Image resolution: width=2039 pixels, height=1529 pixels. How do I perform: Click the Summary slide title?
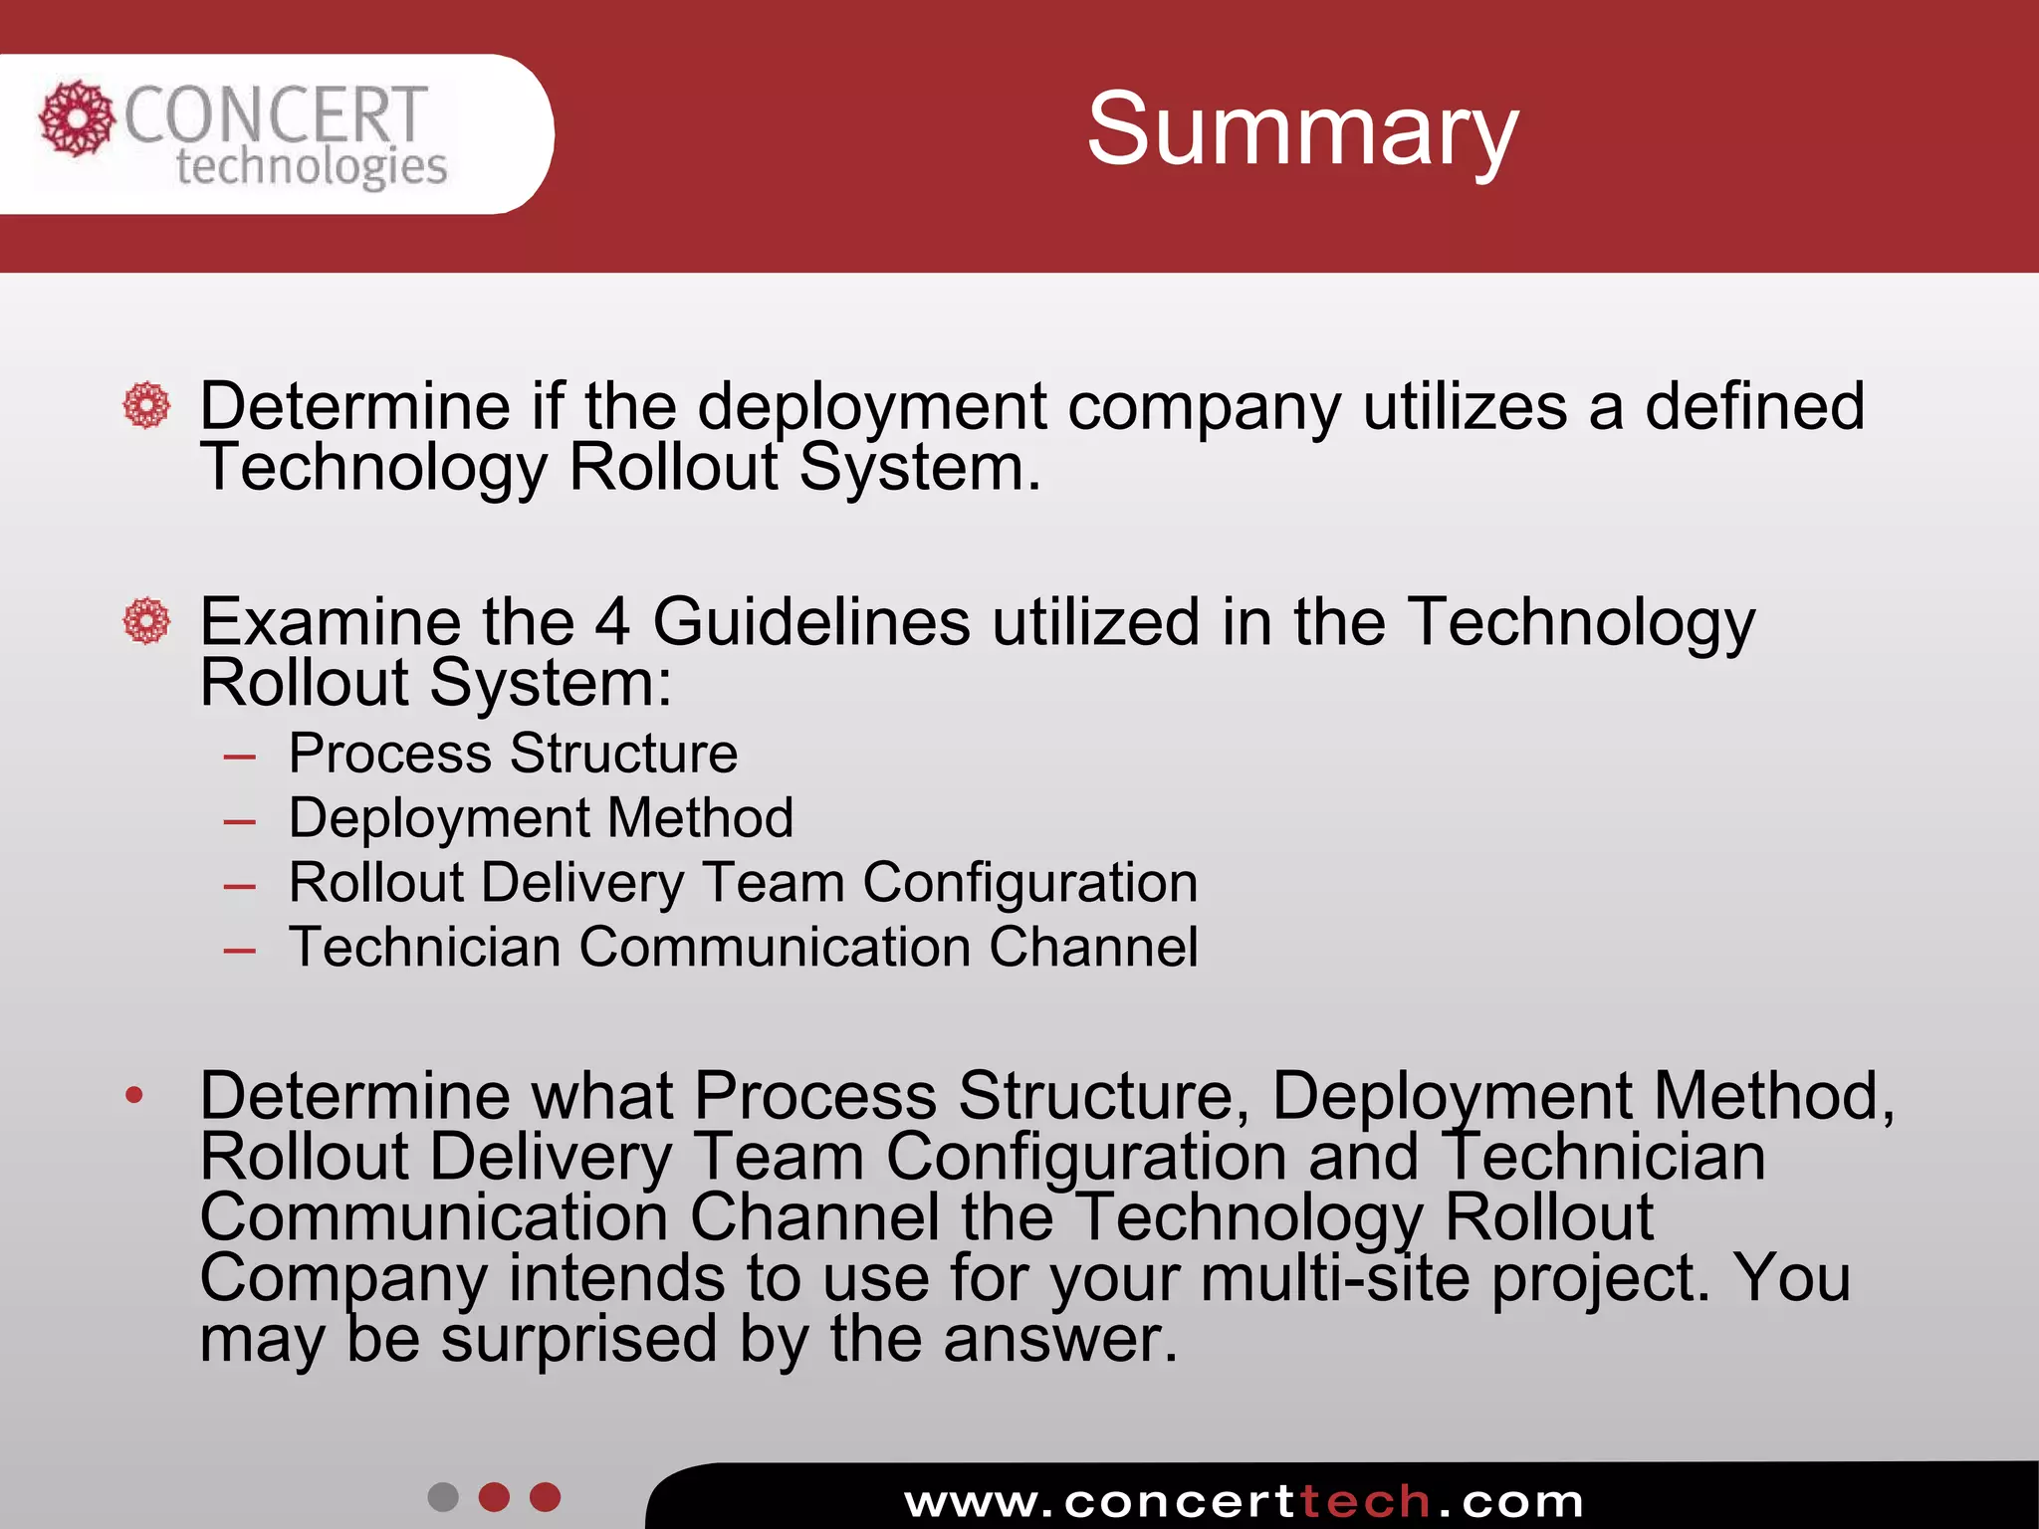(1301, 129)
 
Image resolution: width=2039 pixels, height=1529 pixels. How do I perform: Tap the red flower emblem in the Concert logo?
(76, 118)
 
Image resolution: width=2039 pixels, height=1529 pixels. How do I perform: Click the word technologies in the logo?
(311, 166)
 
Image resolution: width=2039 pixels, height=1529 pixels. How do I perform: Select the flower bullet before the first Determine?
(146, 405)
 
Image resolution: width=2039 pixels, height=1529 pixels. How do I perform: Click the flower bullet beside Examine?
(146, 621)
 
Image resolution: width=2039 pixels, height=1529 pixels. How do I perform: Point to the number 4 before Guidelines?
(612, 622)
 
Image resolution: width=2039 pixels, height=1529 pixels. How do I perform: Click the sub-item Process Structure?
(513, 753)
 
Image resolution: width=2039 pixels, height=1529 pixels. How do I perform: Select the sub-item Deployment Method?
(541, 818)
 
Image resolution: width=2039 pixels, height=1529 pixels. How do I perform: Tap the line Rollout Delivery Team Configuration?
(743, 883)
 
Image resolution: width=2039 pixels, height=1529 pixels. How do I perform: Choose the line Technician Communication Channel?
(743, 947)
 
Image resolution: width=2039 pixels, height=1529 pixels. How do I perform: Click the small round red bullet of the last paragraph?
(134, 1097)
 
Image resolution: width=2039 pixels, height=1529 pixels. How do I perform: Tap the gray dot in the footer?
(443, 1497)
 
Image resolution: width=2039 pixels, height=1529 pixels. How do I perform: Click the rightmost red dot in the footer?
(546, 1497)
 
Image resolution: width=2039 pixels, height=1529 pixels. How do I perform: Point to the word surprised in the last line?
(578, 1339)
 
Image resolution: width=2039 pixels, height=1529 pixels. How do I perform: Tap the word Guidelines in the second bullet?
(810, 622)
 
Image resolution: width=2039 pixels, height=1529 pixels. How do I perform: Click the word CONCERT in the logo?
(276, 114)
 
